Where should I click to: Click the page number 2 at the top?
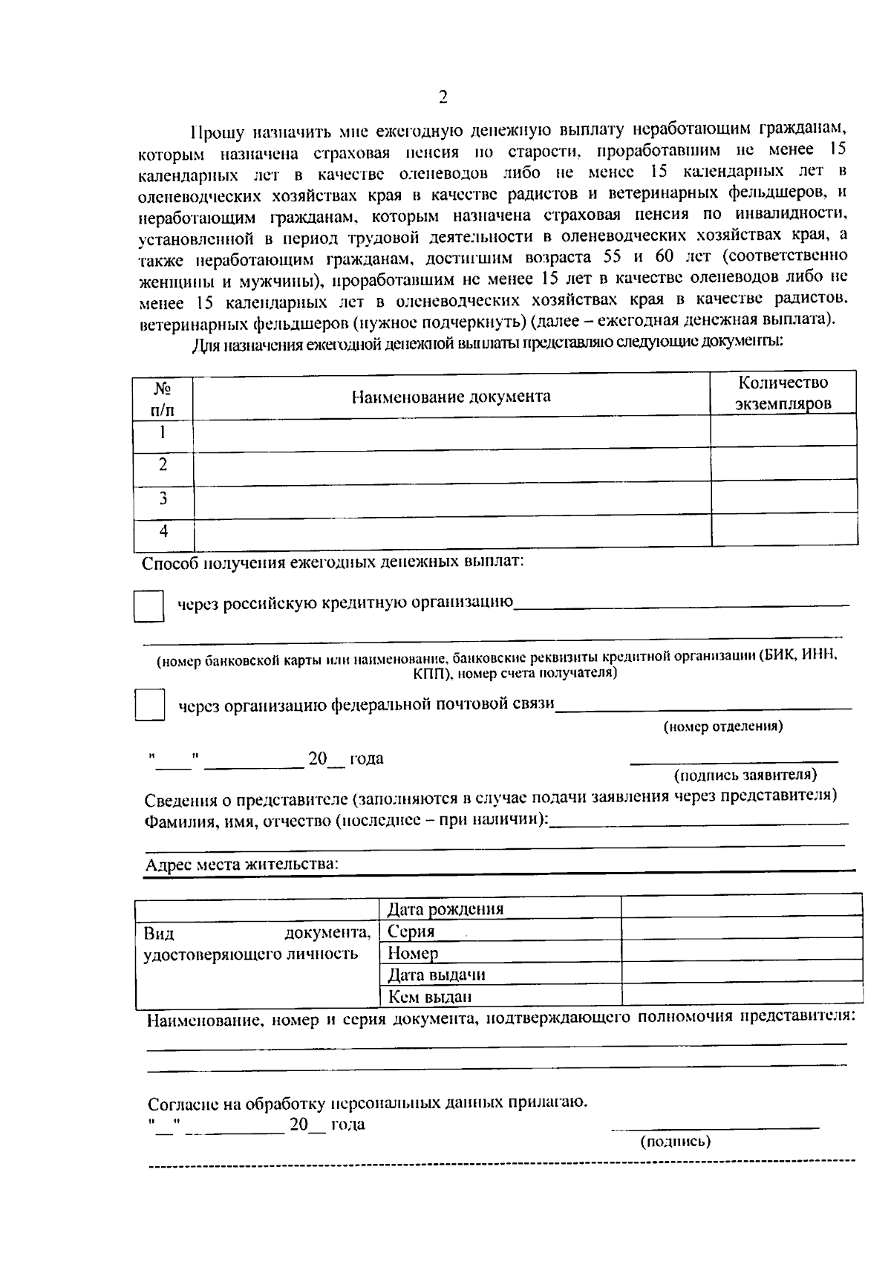pos(443,97)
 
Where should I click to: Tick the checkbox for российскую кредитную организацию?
pos(148,606)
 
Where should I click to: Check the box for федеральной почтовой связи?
pos(149,704)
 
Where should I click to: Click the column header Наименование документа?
pos(451,396)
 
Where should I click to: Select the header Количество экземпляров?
pos(783,393)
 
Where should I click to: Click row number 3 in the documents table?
pos(163,498)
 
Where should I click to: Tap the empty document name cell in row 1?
pos(451,433)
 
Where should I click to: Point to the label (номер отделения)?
pos(722,726)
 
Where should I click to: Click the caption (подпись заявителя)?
pos(745,775)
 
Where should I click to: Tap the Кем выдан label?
pos(430,997)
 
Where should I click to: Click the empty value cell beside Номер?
pos(741,952)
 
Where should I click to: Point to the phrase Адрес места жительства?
pos(241,865)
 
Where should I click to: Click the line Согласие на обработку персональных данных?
pos(367,1102)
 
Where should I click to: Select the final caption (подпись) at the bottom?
pos(675,1142)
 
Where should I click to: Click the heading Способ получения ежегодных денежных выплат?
pos(333,562)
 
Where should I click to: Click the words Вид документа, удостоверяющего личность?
pos(256,943)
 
